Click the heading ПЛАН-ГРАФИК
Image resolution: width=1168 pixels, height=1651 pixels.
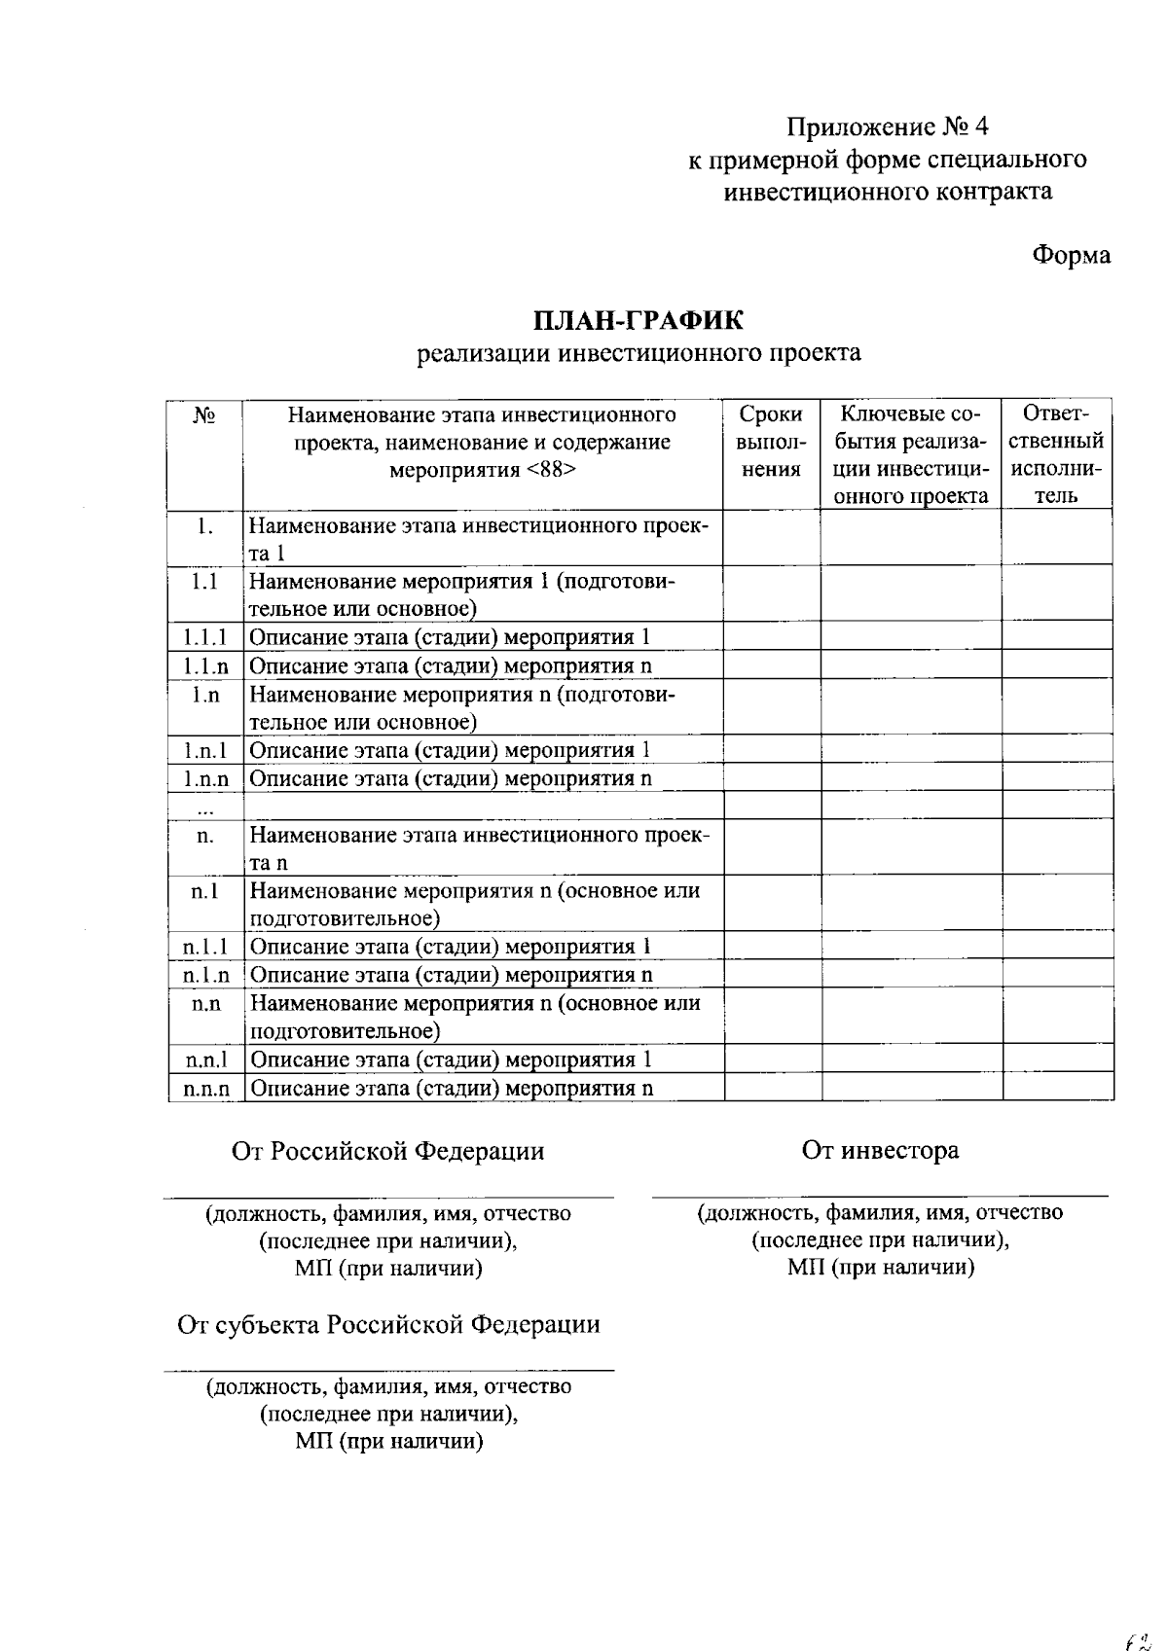click(639, 319)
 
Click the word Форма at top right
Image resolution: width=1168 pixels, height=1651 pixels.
click(1071, 255)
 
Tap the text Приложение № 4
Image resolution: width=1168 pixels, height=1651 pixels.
click(888, 126)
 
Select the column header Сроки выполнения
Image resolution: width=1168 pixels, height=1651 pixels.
click(771, 442)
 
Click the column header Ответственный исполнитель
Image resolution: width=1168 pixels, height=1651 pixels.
click(1057, 454)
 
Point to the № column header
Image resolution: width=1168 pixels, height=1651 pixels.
click(204, 415)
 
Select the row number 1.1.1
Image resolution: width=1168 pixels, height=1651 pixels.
click(204, 637)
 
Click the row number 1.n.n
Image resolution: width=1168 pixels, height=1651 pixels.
click(205, 778)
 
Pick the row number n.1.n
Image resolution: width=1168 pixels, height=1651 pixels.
click(205, 975)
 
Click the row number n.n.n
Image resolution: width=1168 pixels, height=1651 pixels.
click(205, 1089)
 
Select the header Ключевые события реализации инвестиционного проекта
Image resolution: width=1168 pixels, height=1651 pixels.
click(910, 454)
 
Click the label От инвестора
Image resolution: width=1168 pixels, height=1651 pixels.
click(880, 1150)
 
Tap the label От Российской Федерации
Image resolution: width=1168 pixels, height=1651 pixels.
click(387, 1151)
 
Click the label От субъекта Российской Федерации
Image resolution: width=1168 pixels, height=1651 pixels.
click(388, 1324)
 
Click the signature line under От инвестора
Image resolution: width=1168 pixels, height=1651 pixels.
click(880, 1194)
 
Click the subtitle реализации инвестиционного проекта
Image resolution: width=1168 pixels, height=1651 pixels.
click(639, 352)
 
